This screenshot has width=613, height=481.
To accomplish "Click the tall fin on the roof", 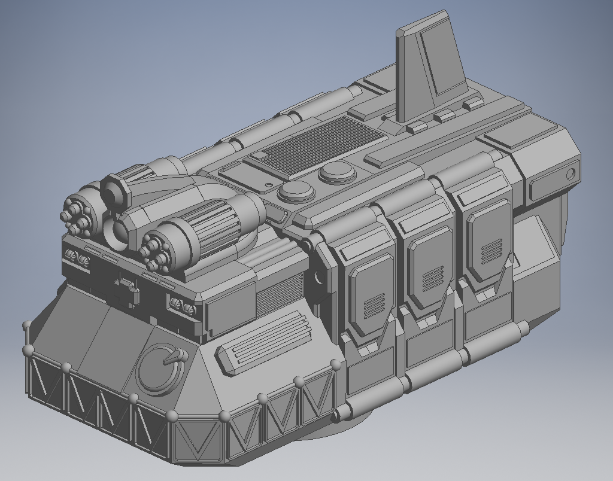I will (x=431, y=66).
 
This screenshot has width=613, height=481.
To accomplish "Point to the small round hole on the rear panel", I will (x=570, y=174).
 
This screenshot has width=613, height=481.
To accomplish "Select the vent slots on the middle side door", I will (x=432, y=278).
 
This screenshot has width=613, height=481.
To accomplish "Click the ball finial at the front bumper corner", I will (x=172, y=416).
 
